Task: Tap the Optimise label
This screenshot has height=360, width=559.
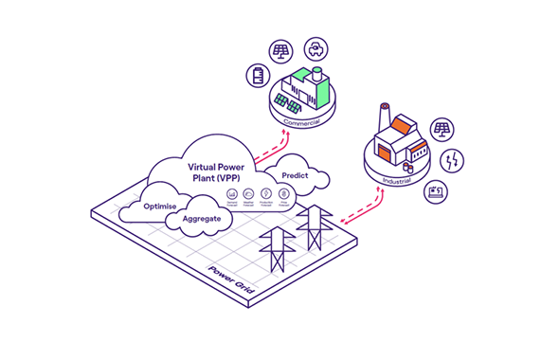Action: coord(161,205)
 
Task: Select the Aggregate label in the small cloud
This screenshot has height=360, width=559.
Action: coord(201,219)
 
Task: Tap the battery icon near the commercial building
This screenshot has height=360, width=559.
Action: coord(258,75)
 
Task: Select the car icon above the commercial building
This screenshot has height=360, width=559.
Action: coord(314,48)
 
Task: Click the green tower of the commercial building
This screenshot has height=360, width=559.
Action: coord(321,84)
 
